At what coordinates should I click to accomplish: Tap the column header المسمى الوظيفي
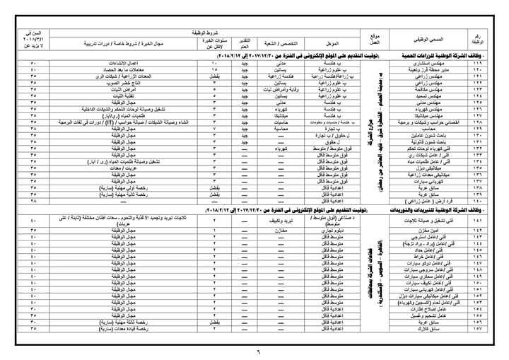coord(429,37)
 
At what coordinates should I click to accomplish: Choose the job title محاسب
coord(429,129)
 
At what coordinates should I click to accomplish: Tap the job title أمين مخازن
coord(429,231)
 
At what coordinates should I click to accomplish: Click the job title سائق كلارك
coord(429,328)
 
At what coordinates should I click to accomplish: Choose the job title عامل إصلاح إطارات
coord(429,308)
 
